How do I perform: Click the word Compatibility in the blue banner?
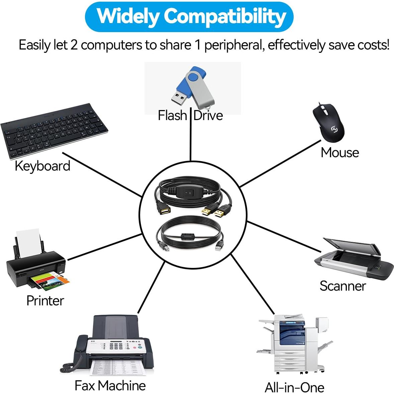click(225, 16)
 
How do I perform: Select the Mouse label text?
click(339, 153)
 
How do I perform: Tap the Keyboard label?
click(42, 166)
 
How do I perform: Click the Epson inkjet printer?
click(35, 264)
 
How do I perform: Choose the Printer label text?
click(45, 301)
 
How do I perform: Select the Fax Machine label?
click(110, 386)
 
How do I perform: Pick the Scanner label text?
click(342, 286)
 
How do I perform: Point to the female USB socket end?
click(163, 211)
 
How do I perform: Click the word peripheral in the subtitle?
click(233, 45)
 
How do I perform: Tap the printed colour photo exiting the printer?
click(50, 281)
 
